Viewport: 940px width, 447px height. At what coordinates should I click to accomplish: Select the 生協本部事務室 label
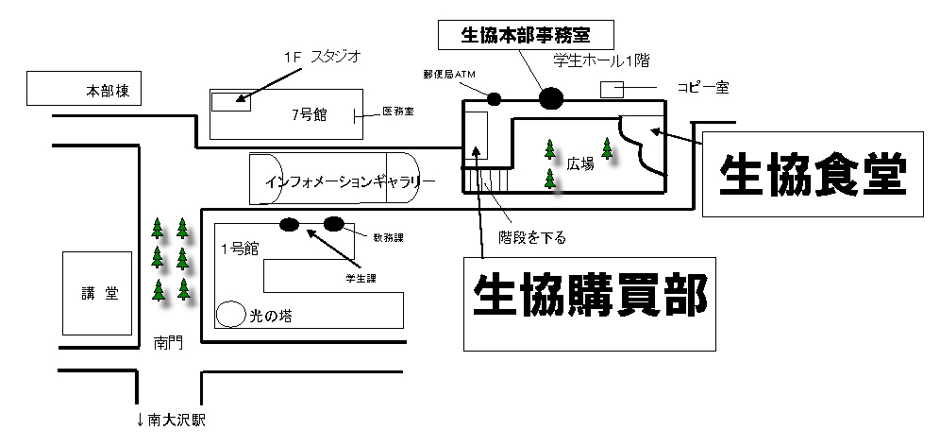526,36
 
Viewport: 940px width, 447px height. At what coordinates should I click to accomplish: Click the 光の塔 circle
230,314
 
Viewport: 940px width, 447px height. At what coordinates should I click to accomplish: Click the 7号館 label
308,114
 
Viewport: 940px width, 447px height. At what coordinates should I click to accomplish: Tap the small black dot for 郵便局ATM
494,98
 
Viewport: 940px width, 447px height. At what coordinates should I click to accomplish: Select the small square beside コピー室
613,89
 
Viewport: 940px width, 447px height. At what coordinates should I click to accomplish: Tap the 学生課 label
360,279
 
